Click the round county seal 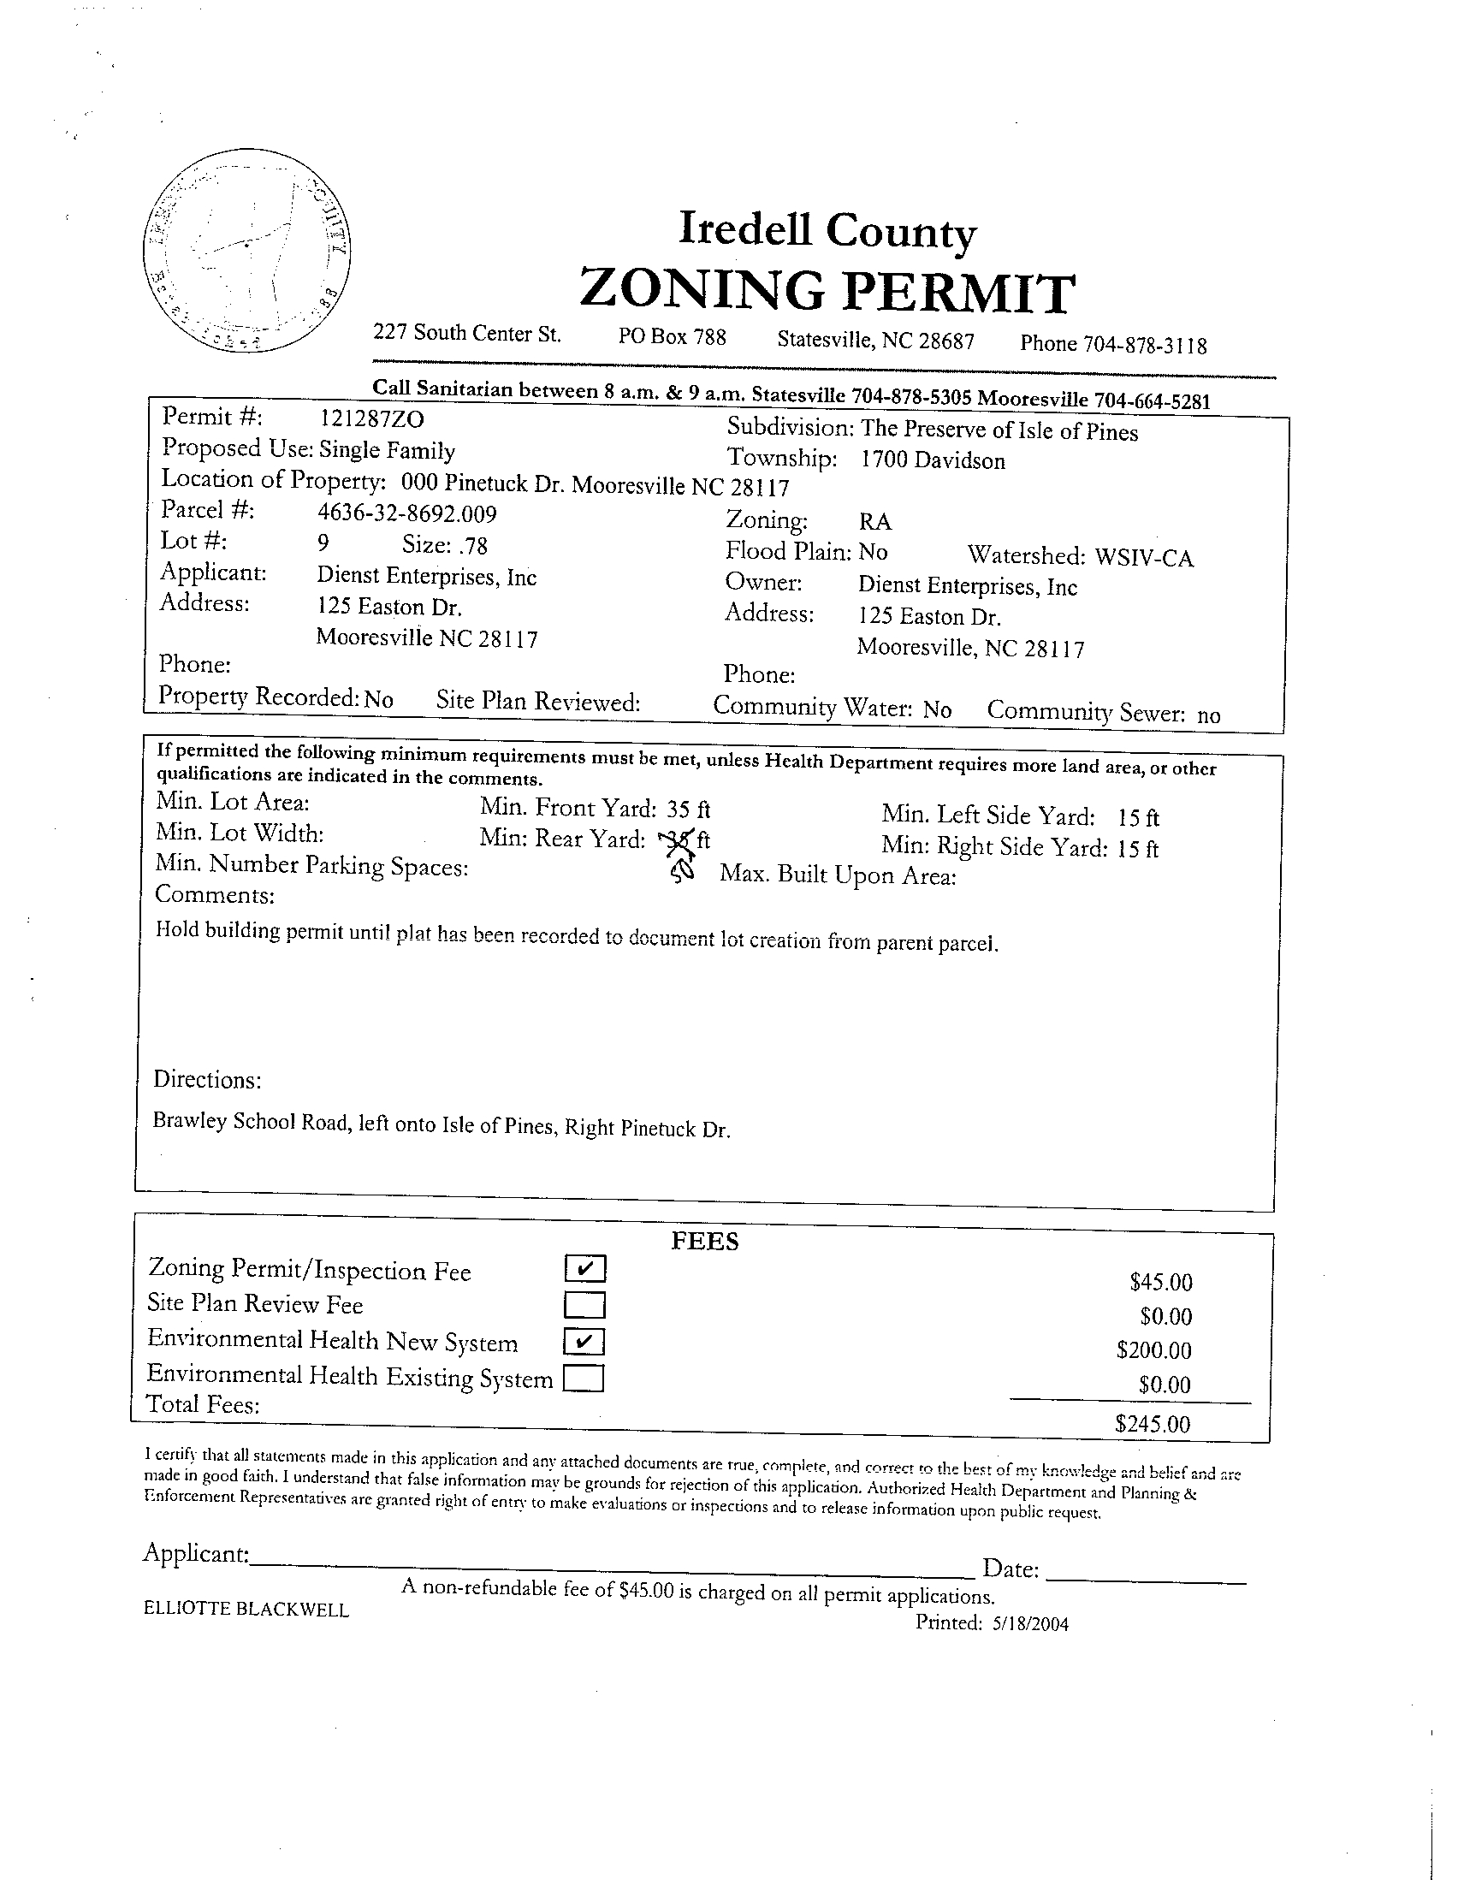248,251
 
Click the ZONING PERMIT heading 827,291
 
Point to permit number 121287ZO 372,419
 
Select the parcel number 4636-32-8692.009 407,514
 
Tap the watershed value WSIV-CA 1144,558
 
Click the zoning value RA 874,522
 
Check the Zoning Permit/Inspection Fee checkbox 585,1268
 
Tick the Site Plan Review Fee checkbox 585,1306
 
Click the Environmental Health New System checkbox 585,1342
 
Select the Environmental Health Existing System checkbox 584,1379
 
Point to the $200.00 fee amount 1153,1349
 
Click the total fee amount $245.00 1153,1424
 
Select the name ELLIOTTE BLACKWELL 246,1609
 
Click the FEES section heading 704,1241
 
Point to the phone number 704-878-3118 1145,345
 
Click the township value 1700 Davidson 932,460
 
